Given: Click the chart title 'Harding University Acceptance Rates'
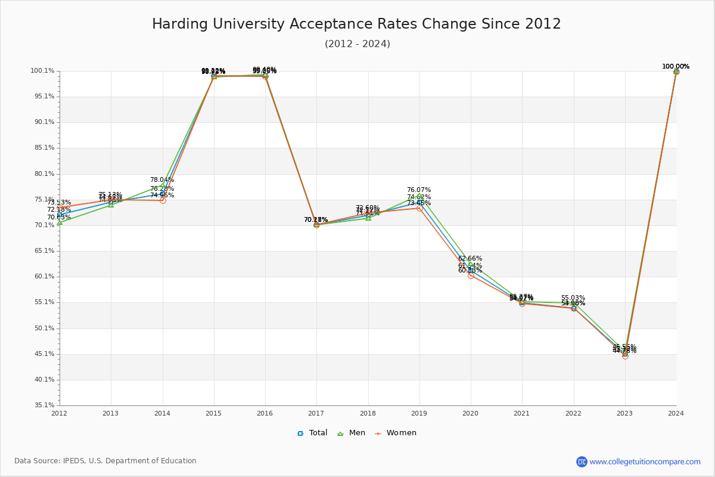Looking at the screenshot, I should click(x=356, y=24).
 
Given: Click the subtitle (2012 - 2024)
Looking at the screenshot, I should click(x=357, y=44).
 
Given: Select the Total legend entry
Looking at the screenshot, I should click(x=313, y=433).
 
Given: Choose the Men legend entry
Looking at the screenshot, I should click(x=352, y=433).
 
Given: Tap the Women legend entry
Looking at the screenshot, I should click(x=396, y=433).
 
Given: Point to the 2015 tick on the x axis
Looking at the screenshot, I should click(x=213, y=413).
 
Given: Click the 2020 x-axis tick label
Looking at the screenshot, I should click(x=471, y=413).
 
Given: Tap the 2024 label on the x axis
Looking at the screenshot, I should click(x=676, y=413).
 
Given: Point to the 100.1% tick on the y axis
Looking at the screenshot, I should click(x=42, y=71).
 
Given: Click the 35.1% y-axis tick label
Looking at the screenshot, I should click(x=42, y=405).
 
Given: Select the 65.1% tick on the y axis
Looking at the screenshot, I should click(x=42, y=251).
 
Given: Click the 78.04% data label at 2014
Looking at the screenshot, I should click(x=162, y=179).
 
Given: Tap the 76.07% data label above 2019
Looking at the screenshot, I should click(x=419, y=190).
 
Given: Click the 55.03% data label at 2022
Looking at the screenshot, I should click(x=573, y=298).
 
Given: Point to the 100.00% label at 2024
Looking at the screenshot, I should click(x=676, y=66).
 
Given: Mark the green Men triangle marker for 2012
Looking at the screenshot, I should click(x=60, y=222).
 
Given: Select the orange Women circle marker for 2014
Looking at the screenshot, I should click(x=163, y=200).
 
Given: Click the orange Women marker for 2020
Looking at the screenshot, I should click(x=471, y=275).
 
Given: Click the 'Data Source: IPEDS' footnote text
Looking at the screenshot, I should click(x=105, y=461).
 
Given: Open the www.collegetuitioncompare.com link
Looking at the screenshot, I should click(x=645, y=461).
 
